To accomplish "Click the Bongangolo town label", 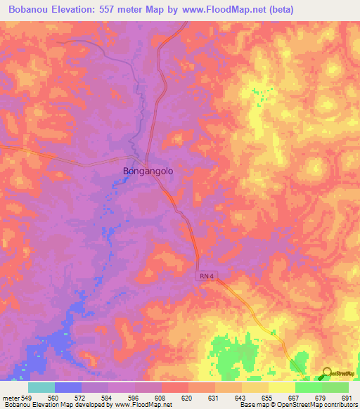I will (148, 170).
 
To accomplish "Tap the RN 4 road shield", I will (205, 278).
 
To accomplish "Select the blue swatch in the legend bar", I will (68, 387).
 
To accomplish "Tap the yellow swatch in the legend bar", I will (281, 387).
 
